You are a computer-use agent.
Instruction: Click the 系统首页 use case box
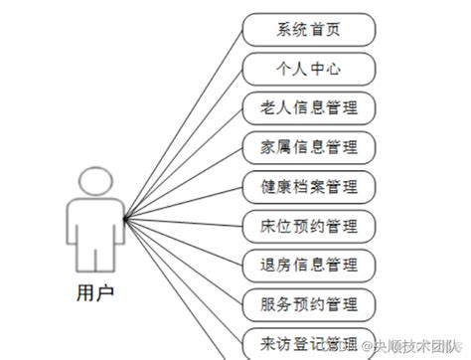tap(309, 31)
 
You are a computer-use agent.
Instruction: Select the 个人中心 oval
tap(309, 70)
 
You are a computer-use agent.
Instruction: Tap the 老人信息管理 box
tap(309, 108)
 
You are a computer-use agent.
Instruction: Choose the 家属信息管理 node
tap(309, 147)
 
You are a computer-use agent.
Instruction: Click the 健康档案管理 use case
tap(309, 186)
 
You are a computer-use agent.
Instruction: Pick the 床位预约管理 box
tap(309, 225)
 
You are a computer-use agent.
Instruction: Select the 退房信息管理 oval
tap(309, 264)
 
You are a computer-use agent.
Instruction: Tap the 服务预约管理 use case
tap(309, 302)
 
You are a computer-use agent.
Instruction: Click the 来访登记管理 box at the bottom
tap(309, 340)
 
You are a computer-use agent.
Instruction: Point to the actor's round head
tap(95, 183)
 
